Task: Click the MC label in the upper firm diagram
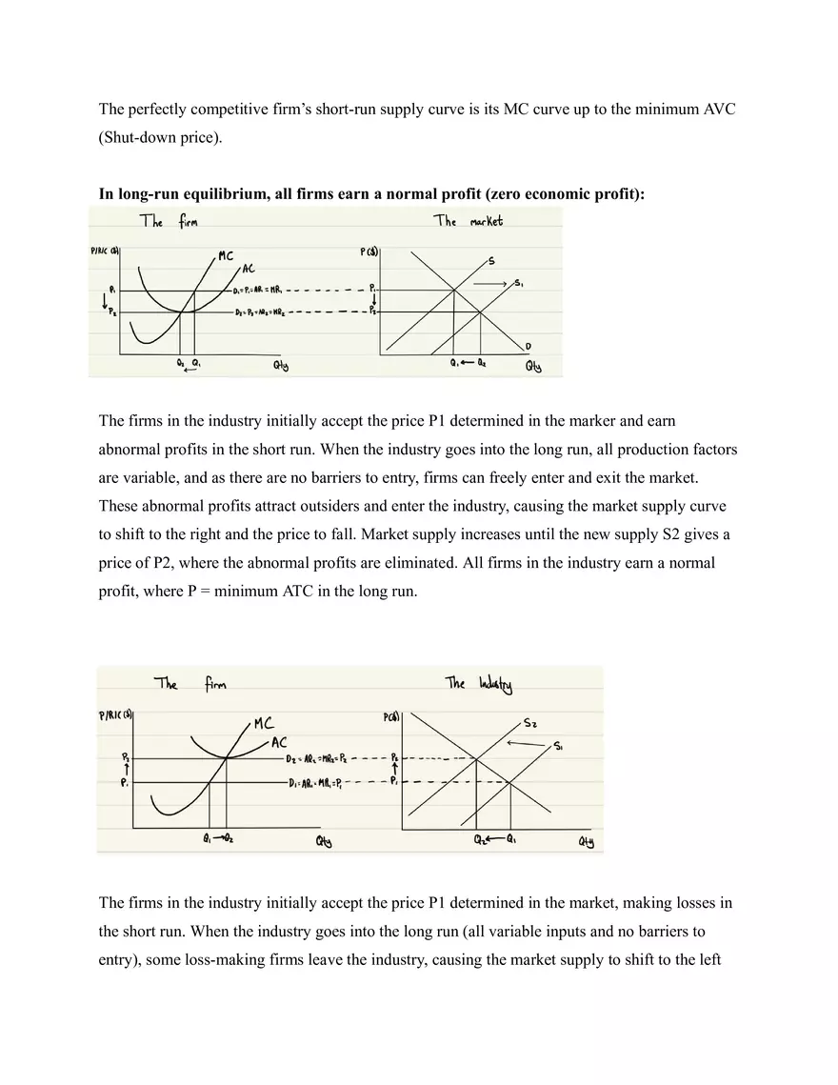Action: tap(226, 255)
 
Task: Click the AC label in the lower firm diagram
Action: tap(280, 742)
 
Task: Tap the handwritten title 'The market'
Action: tap(469, 221)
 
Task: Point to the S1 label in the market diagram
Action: tap(518, 283)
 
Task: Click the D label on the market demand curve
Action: tap(528, 345)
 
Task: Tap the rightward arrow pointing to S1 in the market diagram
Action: tap(491, 284)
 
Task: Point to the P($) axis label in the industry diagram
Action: tap(391, 718)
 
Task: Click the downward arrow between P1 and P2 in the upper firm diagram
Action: tap(103, 303)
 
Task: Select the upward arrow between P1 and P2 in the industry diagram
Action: tap(395, 771)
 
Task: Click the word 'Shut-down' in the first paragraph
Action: tap(137, 137)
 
